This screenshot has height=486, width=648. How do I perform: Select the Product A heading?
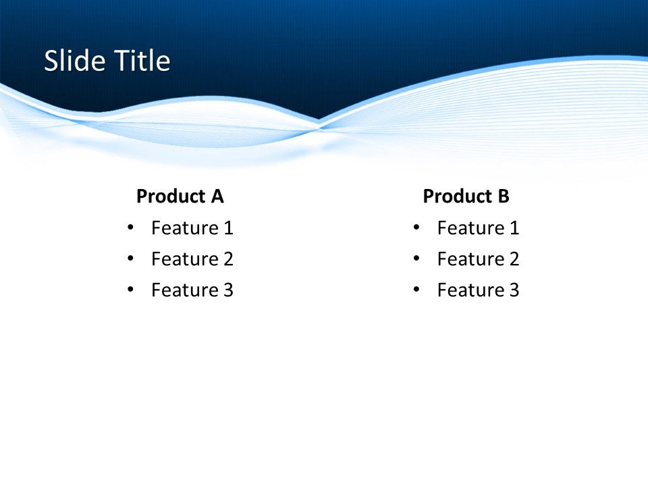180,196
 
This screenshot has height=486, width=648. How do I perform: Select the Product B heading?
466,196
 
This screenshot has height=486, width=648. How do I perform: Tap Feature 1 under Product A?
192,228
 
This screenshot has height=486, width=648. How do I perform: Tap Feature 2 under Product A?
192,259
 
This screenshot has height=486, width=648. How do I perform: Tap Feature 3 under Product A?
192,290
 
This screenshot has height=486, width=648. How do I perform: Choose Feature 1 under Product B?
478,228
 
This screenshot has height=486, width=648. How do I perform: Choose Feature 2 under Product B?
478,259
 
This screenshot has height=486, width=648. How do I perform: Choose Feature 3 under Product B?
478,290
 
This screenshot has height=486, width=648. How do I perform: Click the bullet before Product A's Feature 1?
130,228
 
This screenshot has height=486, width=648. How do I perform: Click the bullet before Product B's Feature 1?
416,228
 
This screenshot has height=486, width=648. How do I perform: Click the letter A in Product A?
217,196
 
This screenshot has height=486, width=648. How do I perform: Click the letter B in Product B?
503,196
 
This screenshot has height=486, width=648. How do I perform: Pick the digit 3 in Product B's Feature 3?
514,290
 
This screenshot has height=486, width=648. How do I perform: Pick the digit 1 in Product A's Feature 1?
228,228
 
